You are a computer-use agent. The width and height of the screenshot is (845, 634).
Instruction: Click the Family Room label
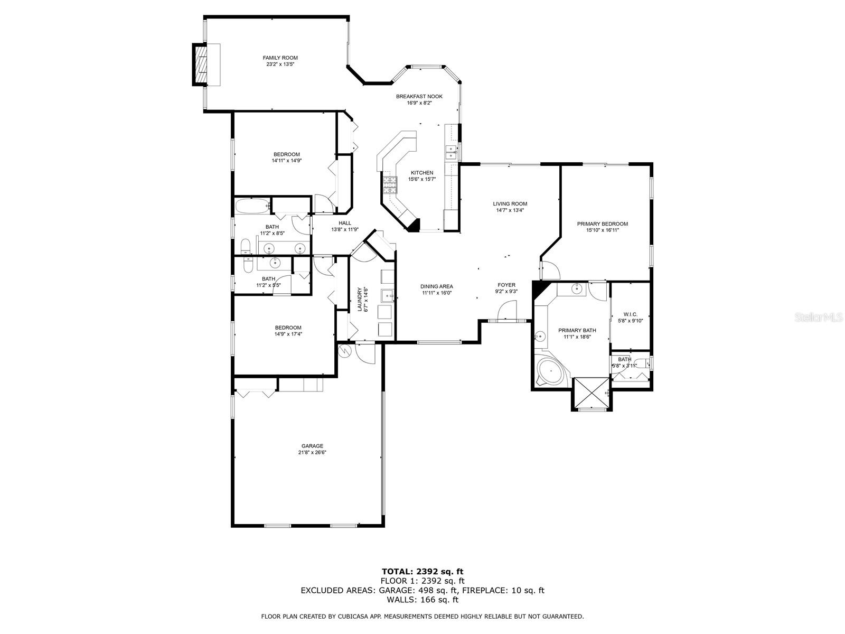click(x=280, y=58)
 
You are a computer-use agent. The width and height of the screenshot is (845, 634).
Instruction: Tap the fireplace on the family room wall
click(x=200, y=64)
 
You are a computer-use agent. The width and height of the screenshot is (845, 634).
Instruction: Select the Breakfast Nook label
click(x=419, y=96)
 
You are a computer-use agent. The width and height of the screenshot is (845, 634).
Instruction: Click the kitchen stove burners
click(x=390, y=185)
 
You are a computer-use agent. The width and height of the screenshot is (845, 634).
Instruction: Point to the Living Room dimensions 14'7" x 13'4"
click(x=510, y=210)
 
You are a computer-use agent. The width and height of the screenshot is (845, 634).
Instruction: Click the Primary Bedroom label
click(x=602, y=223)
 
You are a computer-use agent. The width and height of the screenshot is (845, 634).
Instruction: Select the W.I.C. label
click(x=630, y=314)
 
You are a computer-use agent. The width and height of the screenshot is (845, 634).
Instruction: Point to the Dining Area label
click(x=436, y=286)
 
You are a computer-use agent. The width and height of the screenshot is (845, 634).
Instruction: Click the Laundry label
click(x=360, y=300)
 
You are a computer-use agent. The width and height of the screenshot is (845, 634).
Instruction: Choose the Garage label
click(x=312, y=446)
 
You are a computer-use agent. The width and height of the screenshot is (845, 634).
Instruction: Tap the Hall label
click(x=344, y=223)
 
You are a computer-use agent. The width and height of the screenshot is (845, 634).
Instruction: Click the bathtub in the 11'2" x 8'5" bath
click(x=252, y=207)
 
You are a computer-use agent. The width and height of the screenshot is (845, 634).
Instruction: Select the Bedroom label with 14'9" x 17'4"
click(x=288, y=328)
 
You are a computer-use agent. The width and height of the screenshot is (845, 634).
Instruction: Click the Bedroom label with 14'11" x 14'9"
click(x=286, y=154)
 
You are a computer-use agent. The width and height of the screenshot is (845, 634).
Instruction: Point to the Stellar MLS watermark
click(x=818, y=318)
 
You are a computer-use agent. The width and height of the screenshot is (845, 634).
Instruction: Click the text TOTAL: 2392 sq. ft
click(x=422, y=572)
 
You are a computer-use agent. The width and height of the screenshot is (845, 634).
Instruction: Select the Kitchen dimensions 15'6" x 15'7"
click(x=422, y=179)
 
